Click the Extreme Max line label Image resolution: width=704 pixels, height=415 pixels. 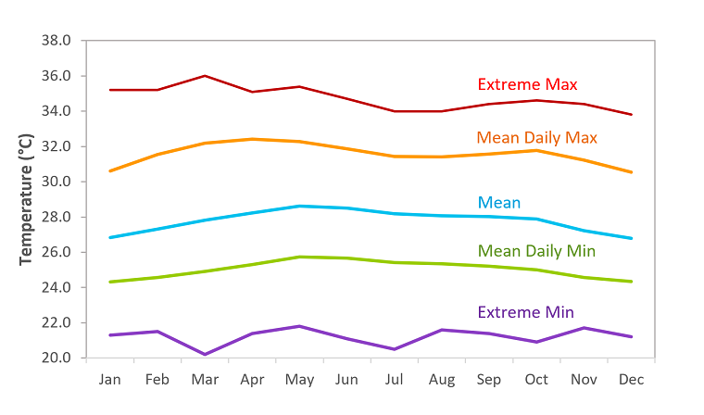click(x=526, y=84)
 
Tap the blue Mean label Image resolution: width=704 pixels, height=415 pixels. click(x=498, y=202)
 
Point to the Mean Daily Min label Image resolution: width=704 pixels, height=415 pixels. click(x=536, y=251)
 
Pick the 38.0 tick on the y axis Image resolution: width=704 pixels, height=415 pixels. click(x=57, y=41)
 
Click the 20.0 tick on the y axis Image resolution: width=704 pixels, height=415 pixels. click(x=57, y=358)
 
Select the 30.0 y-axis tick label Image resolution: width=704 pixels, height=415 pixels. click(x=57, y=182)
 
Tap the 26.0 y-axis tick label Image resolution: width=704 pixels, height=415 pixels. click(x=57, y=252)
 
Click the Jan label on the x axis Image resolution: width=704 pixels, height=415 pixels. click(x=110, y=380)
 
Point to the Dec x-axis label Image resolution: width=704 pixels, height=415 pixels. click(x=632, y=380)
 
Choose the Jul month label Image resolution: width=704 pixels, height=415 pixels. click(x=396, y=380)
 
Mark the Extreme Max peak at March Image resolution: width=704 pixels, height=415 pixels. click(x=205, y=76)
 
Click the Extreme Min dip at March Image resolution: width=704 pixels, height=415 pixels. click(x=205, y=354)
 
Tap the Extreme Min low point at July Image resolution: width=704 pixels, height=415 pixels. click(x=396, y=349)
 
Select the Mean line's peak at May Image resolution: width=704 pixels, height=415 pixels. click(x=300, y=206)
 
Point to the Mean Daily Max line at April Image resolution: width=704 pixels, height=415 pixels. click(x=252, y=139)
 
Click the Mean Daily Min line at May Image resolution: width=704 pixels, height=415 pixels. click(x=300, y=257)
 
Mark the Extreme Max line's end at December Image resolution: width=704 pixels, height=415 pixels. click(x=632, y=115)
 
